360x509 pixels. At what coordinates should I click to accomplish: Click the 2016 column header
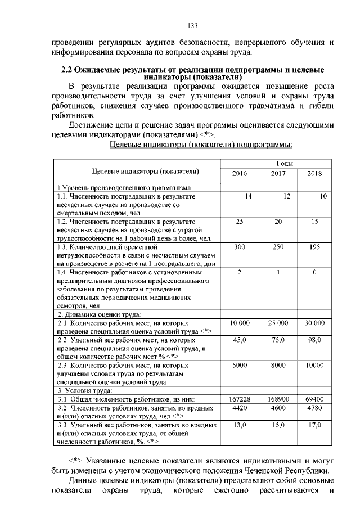[240, 174]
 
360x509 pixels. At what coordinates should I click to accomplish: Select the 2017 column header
[278, 174]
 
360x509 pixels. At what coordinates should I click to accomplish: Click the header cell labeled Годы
[277, 163]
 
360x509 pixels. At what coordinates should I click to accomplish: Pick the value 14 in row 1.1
[247, 196]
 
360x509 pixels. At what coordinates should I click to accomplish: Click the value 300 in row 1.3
[240, 247]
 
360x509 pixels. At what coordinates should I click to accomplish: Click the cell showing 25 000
[278, 323]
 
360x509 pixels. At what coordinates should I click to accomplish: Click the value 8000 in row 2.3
[278, 366]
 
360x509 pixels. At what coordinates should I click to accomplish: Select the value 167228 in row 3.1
[240, 399]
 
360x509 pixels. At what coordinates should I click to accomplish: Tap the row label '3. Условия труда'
[84, 390]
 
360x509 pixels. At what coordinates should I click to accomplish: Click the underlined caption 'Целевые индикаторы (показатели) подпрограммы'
[200, 145]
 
